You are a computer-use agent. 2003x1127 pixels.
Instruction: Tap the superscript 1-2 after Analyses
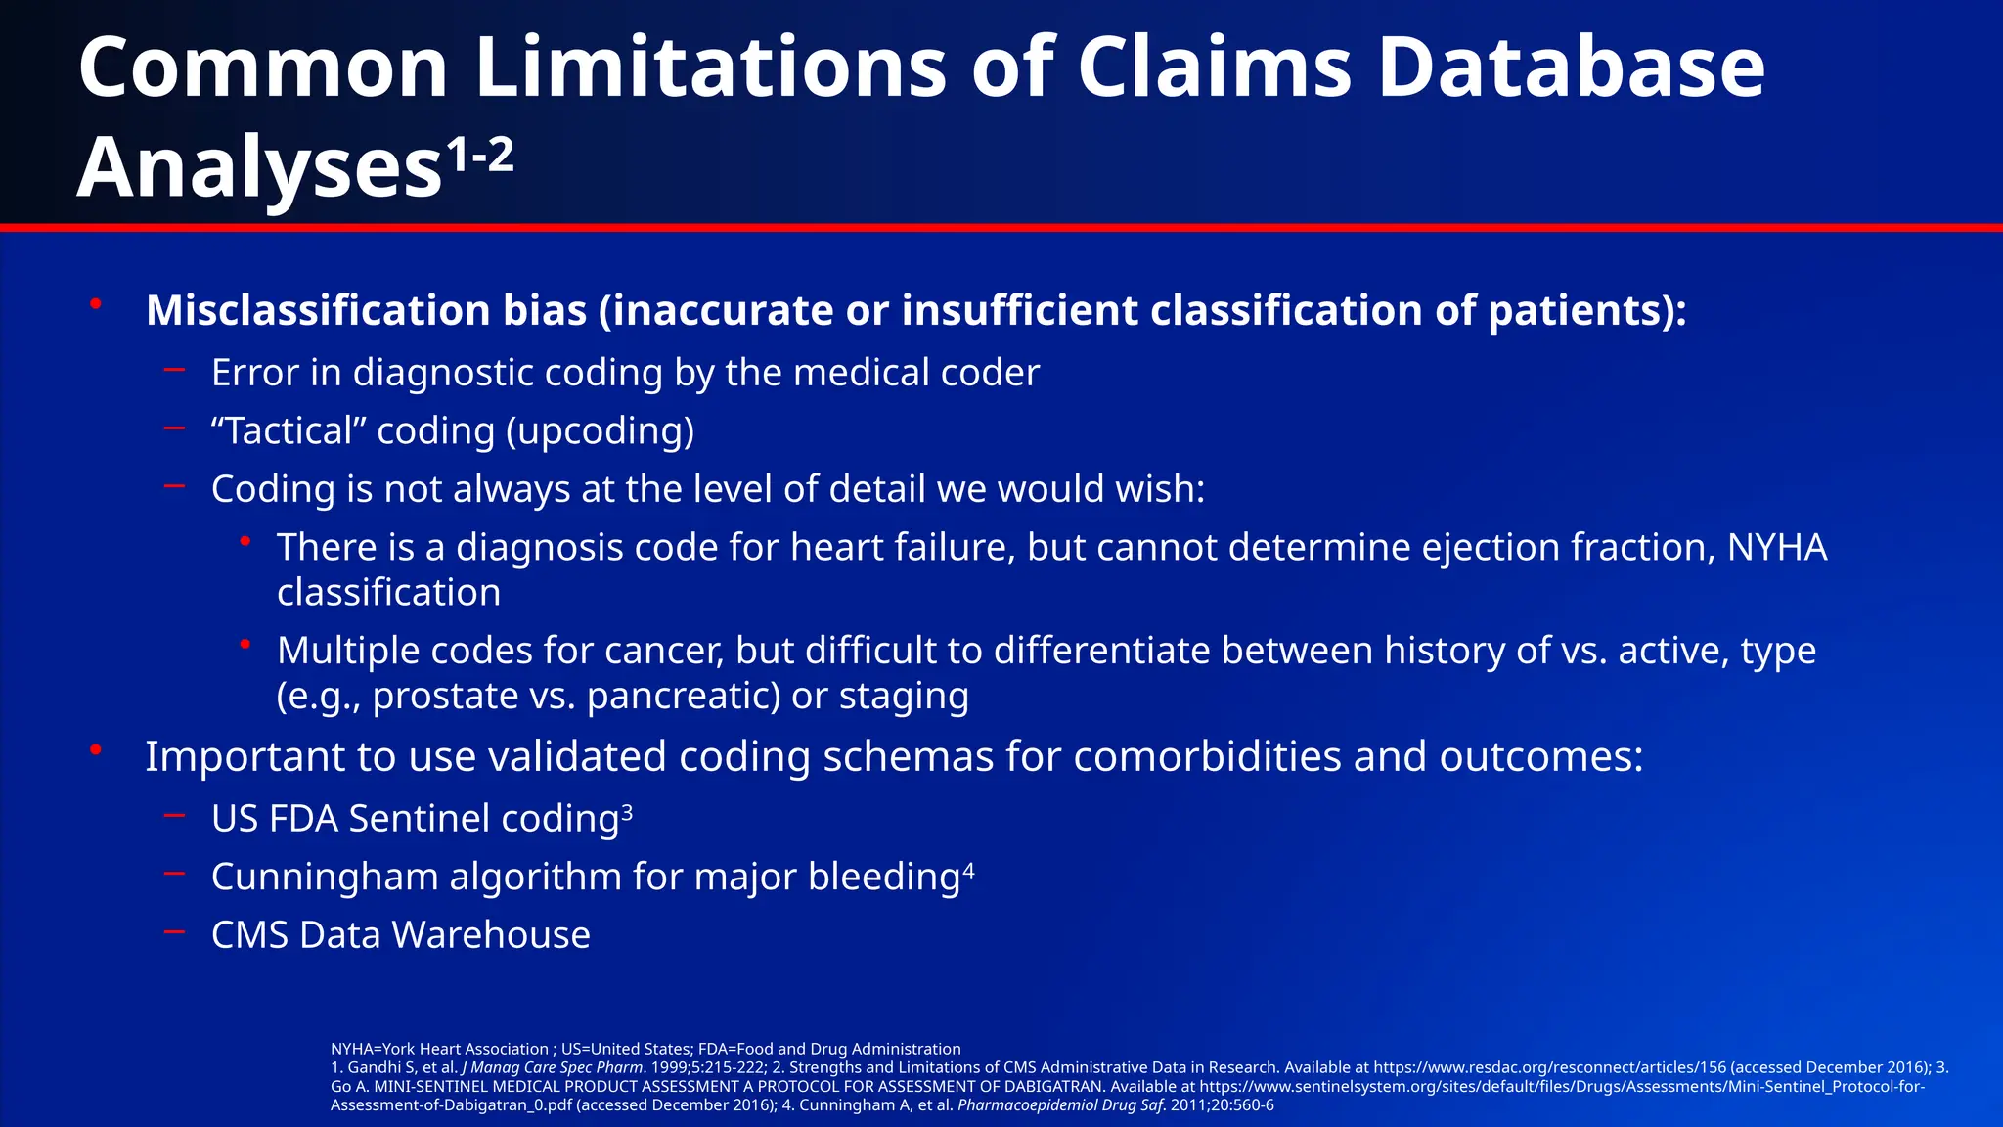[480, 155]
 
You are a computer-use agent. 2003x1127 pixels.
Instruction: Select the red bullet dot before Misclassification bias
[96, 304]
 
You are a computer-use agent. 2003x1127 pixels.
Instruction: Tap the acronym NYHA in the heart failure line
[1777, 547]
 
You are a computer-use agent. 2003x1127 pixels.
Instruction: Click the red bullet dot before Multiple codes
[245, 644]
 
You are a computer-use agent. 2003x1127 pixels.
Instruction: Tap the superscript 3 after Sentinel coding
[627, 811]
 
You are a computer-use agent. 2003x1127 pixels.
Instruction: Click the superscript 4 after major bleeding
[968, 869]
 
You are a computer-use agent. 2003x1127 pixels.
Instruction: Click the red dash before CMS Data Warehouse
[175, 931]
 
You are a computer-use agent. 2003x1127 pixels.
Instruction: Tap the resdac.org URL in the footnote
[1549, 1067]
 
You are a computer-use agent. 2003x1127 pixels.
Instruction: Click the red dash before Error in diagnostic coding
[175, 369]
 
